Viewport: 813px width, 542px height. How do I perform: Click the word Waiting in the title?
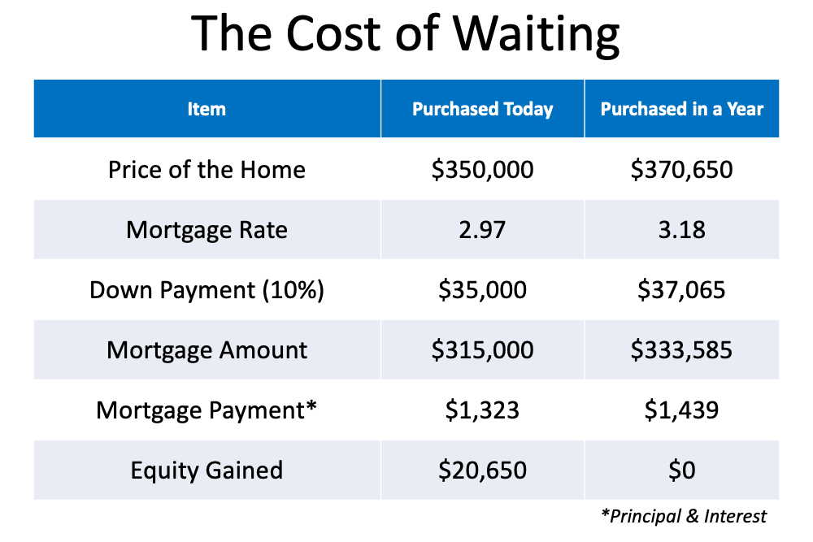click(537, 35)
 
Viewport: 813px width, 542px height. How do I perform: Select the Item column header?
click(207, 109)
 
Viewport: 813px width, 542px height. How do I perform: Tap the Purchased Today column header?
click(482, 110)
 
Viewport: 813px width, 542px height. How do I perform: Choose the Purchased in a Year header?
click(682, 109)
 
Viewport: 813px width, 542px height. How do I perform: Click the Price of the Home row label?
click(207, 170)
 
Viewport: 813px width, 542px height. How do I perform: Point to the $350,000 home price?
click(482, 170)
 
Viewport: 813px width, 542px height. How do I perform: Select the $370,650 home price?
click(681, 170)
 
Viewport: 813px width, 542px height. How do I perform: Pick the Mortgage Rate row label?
click(207, 229)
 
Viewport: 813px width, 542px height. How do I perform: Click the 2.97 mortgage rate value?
click(482, 229)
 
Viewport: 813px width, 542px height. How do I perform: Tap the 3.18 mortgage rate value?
click(682, 229)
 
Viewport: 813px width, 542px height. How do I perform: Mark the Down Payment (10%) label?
click(207, 289)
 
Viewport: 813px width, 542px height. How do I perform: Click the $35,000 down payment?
click(482, 289)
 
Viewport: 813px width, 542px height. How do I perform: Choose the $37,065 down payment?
click(681, 289)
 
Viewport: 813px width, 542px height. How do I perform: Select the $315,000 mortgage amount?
click(482, 349)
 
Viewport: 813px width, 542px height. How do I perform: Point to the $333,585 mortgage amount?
click(681, 349)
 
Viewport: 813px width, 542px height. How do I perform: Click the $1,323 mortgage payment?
click(482, 410)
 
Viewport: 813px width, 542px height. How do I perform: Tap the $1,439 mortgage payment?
click(681, 410)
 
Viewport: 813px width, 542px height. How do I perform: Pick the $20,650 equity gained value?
click(482, 470)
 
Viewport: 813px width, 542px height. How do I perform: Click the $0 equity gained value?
click(682, 470)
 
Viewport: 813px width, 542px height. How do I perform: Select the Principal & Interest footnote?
click(684, 516)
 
